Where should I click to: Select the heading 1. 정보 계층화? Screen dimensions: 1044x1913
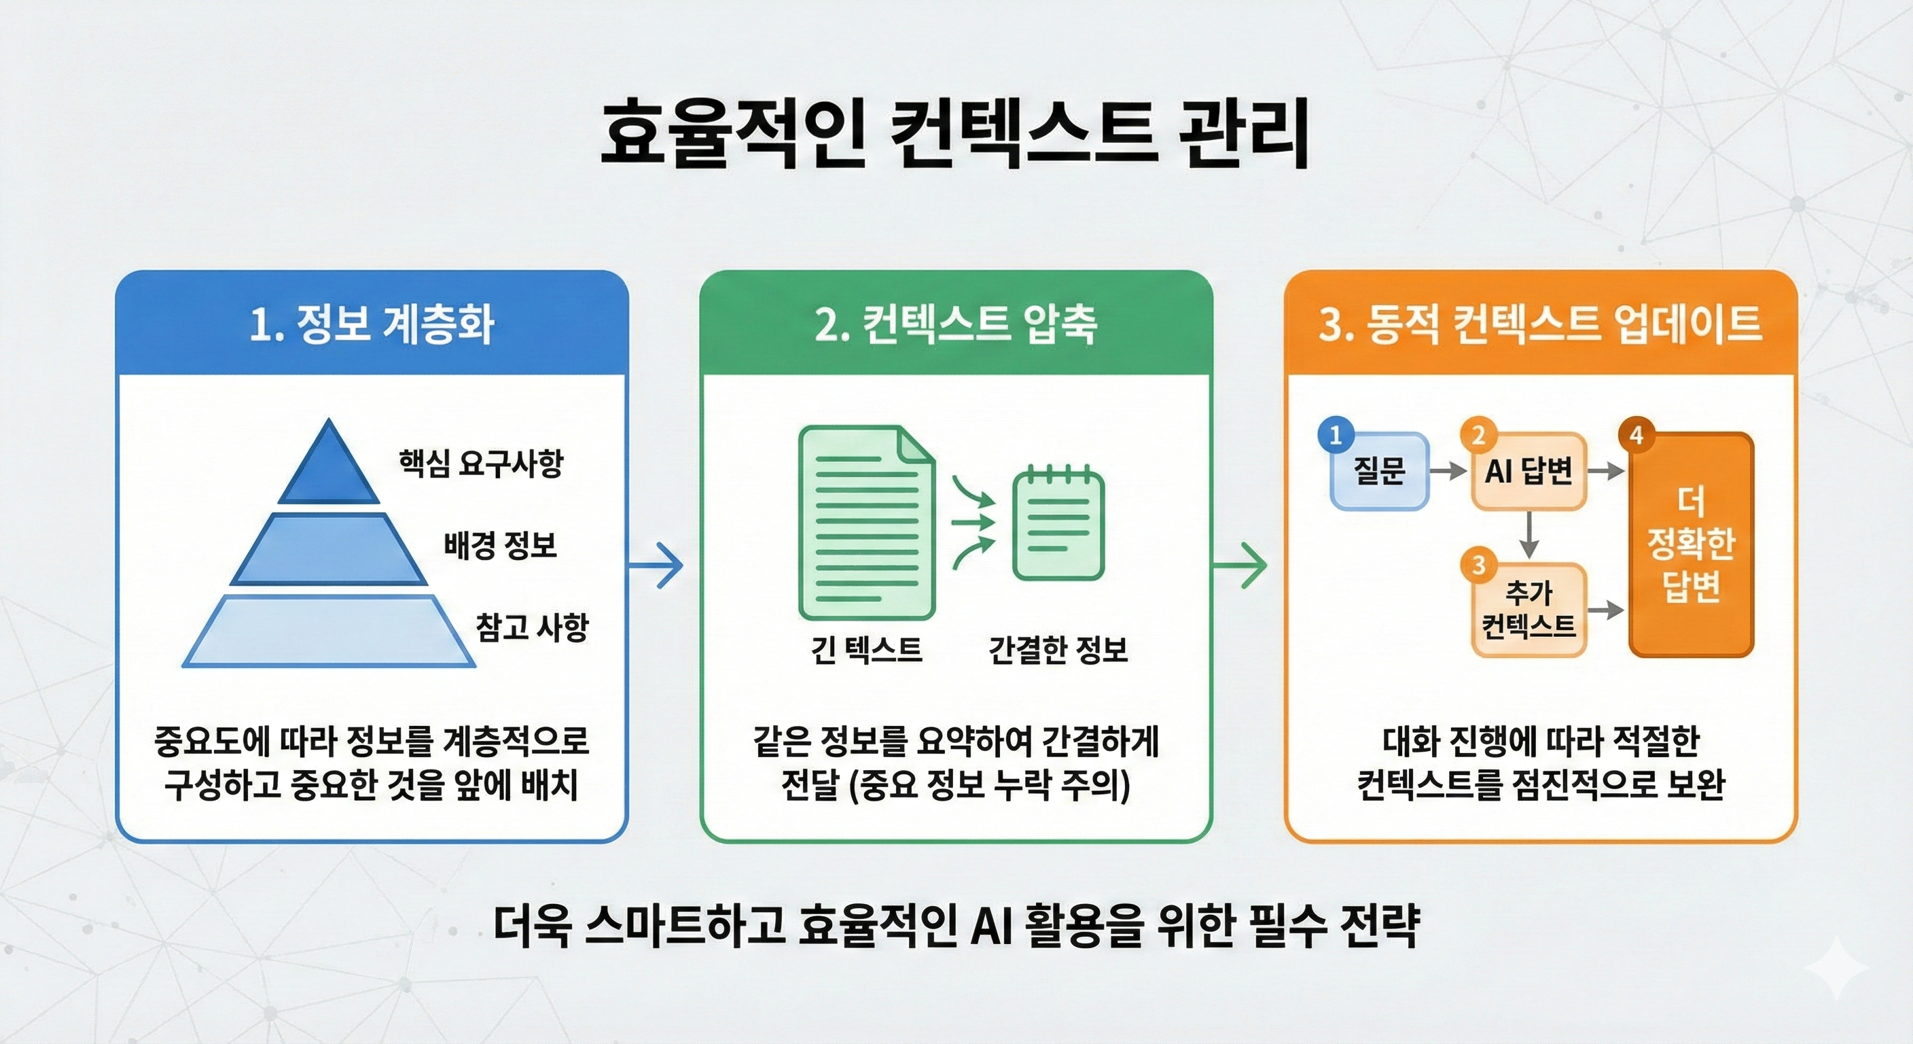[x=372, y=325]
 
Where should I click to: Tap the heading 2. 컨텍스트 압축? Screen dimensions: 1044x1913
[x=956, y=325]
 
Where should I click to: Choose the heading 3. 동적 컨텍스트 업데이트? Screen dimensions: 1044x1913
[x=1540, y=325]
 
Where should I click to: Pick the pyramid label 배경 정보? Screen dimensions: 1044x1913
[x=500, y=545]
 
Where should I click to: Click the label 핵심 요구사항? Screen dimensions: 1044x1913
[x=480, y=463]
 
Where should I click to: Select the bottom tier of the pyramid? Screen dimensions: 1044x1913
[x=329, y=631]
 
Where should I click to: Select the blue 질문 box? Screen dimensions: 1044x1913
[x=1379, y=471]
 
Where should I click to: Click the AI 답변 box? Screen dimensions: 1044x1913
[x=1528, y=471]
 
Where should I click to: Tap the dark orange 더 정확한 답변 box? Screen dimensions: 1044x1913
[x=1691, y=544]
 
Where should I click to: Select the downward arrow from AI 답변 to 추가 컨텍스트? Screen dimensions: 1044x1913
[x=1528, y=535]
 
